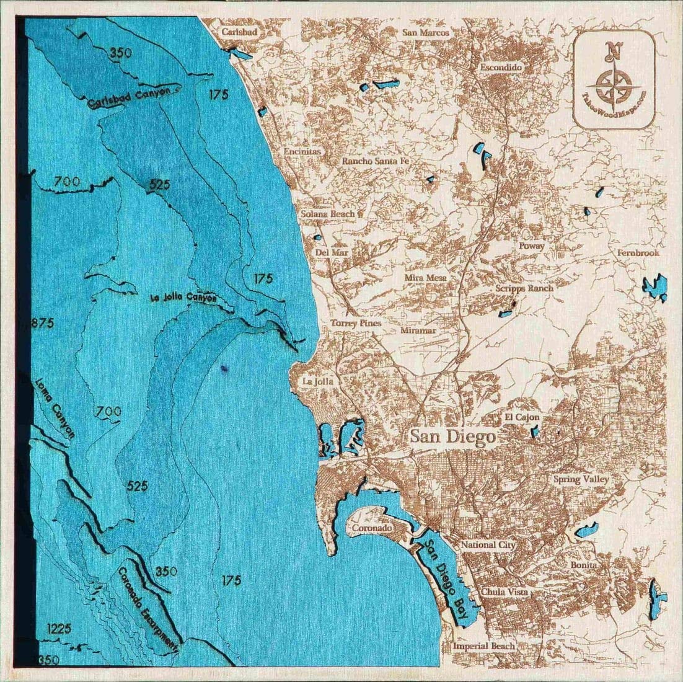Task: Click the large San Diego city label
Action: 452,437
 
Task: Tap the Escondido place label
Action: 502,68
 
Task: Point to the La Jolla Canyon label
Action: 184,298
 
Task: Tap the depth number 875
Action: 42,323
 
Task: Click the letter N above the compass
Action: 614,50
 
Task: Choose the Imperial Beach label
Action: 483,646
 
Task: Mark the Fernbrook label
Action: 638,253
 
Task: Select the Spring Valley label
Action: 581,479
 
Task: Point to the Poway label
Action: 532,246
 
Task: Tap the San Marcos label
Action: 425,33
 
